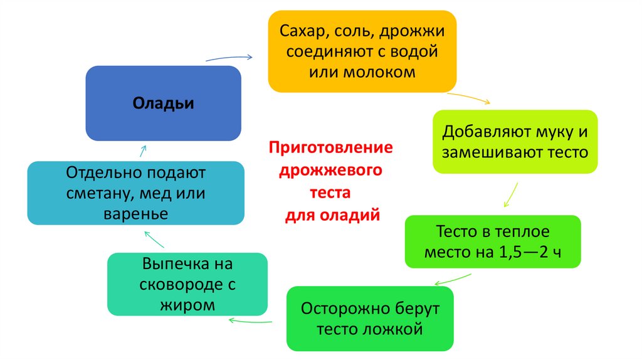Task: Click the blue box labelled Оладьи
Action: click(x=163, y=103)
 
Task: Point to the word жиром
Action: click(x=187, y=305)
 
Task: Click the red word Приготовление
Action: click(x=330, y=148)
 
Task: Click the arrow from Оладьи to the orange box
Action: click(x=229, y=58)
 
